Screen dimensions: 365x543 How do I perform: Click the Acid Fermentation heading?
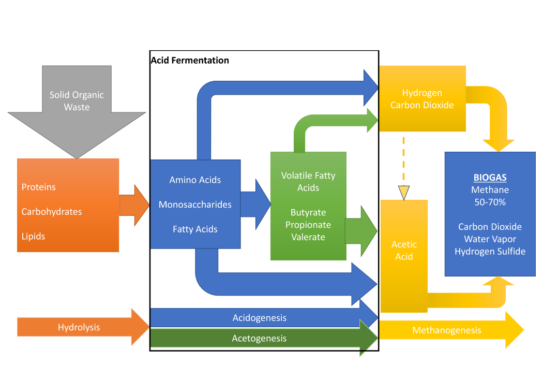coord(190,60)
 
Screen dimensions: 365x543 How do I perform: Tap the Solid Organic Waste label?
coord(77,101)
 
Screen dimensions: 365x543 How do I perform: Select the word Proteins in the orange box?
coord(39,187)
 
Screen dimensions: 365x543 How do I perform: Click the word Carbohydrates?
coord(52,211)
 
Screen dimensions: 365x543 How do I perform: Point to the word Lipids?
coord(34,236)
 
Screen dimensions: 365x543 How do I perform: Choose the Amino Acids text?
coord(195,180)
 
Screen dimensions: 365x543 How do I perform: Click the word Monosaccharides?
coord(195,205)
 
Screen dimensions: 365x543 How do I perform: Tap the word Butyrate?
coord(308,212)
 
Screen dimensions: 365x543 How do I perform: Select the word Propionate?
coord(308,225)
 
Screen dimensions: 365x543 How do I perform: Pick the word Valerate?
coord(308,237)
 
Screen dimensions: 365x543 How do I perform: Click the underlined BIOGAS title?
coord(490,178)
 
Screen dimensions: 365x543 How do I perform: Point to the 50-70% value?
coord(490,202)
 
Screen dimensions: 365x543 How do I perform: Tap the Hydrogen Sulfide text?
coord(490,251)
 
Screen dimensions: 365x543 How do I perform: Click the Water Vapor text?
coord(490,239)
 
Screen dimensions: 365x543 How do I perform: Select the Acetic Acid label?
coord(404,250)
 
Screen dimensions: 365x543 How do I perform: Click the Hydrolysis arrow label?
coord(79,327)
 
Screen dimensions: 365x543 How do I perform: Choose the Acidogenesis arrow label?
coord(259,317)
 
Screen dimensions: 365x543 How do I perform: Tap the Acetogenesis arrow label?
coord(259,339)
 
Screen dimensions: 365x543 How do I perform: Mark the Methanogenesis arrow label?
coord(447,330)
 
